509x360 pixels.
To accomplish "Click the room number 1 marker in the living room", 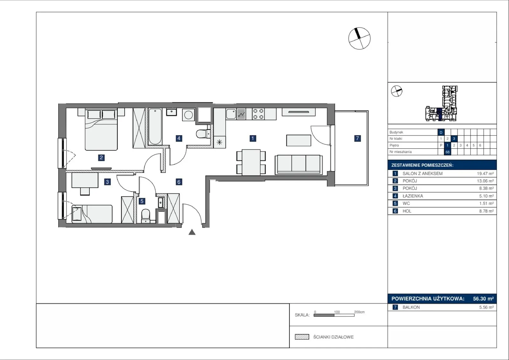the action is point(253,138).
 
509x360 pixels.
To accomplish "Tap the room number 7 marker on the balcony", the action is point(358,138).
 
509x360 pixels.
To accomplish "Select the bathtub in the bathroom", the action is point(155,126).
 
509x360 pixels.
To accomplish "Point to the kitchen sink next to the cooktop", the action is point(231,114).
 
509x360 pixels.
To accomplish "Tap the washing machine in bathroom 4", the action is point(188,115).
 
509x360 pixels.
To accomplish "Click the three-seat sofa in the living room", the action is point(299,165).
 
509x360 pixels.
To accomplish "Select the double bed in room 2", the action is point(101,130).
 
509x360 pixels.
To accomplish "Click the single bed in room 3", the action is point(92,214).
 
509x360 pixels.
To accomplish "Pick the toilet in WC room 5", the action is point(145,216).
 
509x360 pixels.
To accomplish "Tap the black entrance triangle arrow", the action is point(192,232).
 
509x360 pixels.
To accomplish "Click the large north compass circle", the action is point(359,39).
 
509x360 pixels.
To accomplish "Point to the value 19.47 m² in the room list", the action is point(485,173).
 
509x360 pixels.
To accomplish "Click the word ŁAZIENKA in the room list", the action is point(413,196).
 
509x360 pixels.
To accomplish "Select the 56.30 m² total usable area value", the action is point(483,299).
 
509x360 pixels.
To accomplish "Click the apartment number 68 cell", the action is point(447,152).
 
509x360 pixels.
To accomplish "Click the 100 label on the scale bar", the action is point(337,312).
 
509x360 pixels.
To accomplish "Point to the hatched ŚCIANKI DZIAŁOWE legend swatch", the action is point(302,337).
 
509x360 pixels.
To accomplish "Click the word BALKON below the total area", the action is point(411,307).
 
